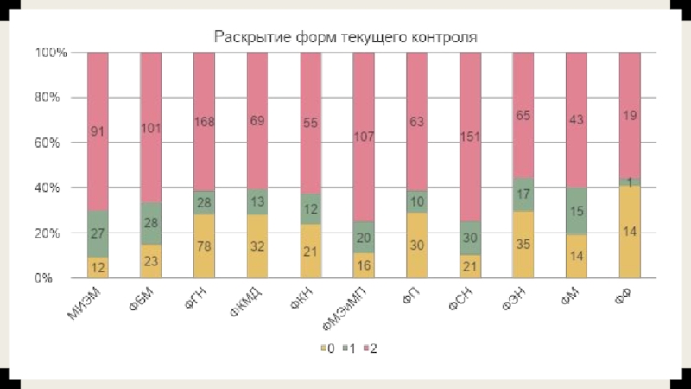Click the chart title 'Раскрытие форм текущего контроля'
345,38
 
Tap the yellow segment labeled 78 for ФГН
204,246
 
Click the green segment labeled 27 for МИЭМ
98,233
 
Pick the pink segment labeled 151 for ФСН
469,136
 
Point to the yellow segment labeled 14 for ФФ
629,232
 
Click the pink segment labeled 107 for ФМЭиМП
364,136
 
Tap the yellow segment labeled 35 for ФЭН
523,245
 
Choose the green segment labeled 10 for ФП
416,201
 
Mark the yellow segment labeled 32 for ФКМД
257,246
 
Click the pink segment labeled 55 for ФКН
310,123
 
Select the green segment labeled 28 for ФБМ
151,223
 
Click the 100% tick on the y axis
50,53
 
